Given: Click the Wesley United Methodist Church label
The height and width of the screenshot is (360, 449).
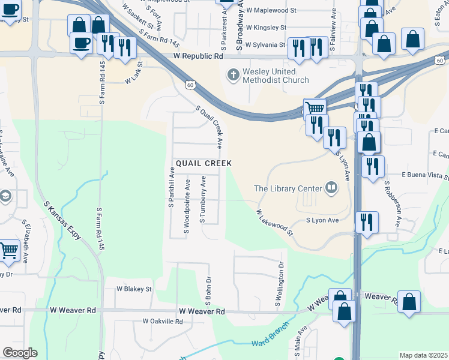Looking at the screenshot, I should pyautogui.click(x=276, y=76).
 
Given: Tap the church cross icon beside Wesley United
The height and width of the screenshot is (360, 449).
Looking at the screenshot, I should pyautogui.click(x=232, y=75).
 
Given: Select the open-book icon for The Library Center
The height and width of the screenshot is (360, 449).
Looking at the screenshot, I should pyautogui.click(x=331, y=188).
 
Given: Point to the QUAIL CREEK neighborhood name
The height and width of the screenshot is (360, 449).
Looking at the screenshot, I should pyautogui.click(x=203, y=163).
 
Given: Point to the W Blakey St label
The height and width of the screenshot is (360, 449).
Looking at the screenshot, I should pyautogui.click(x=134, y=289).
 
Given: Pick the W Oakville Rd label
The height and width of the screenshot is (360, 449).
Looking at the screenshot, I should pyautogui.click(x=162, y=321).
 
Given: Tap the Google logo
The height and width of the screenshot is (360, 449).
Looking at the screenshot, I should pyautogui.click(x=19, y=353).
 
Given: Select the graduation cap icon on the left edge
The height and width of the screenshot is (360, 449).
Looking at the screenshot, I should pyautogui.click(x=5, y=197).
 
